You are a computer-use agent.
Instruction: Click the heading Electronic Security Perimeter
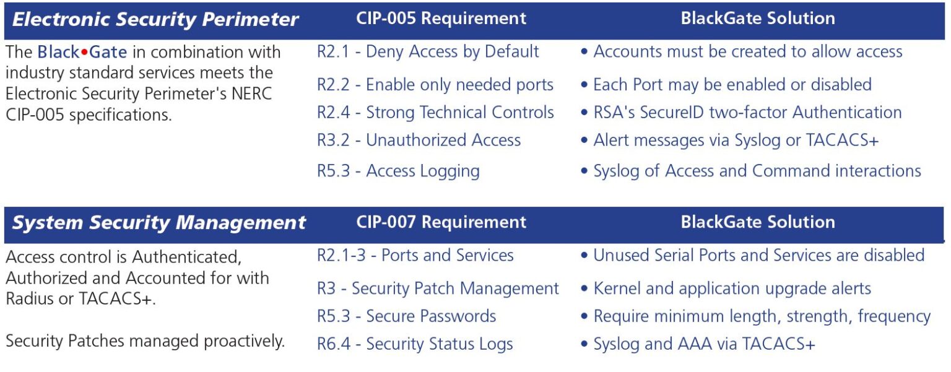(155, 20)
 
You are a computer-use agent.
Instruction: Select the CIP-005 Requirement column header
(441, 19)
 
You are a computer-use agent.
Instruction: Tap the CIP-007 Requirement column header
(441, 222)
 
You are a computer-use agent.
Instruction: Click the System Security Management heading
(158, 223)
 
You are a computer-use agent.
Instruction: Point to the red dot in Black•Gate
(84, 53)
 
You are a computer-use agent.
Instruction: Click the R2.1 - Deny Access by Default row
(428, 51)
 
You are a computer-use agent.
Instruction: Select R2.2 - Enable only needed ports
(435, 85)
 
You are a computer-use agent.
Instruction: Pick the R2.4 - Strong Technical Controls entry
(436, 113)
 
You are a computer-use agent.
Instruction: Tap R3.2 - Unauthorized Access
(419, 140)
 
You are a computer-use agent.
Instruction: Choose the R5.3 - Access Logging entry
(398, 171)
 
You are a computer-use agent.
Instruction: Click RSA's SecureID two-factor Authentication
(747, 113)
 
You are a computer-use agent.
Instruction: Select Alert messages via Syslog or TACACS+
(736, 141)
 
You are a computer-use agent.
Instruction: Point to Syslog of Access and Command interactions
(757, 171)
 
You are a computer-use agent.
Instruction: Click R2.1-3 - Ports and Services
(415, 255)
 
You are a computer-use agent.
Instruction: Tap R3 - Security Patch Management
(438, 289)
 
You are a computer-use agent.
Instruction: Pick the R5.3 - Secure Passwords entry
(406, 316)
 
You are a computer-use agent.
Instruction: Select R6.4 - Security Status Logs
(415, 344)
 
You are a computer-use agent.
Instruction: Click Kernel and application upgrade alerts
(732, 289)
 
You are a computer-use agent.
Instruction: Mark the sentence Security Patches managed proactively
(145, 342)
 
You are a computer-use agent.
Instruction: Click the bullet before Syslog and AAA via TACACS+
(584, 344)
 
